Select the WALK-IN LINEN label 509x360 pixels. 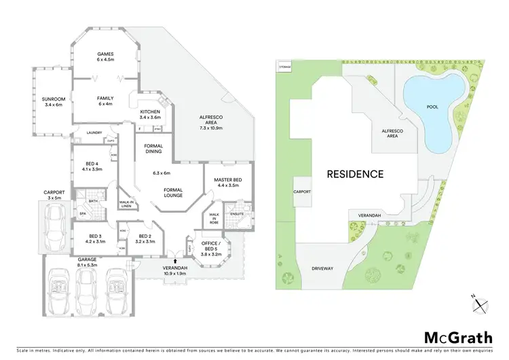tap(126, 204)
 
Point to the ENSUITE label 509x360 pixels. tap(236, 214)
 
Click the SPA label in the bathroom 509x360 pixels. tap(83, 214)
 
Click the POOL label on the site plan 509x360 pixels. tap(432, 107)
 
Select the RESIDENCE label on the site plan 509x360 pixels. tap(355, 174)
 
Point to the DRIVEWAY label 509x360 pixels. tap(323, 269)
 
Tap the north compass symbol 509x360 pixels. tap(479, 304)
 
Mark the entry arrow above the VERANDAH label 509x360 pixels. tap(175, 261)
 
